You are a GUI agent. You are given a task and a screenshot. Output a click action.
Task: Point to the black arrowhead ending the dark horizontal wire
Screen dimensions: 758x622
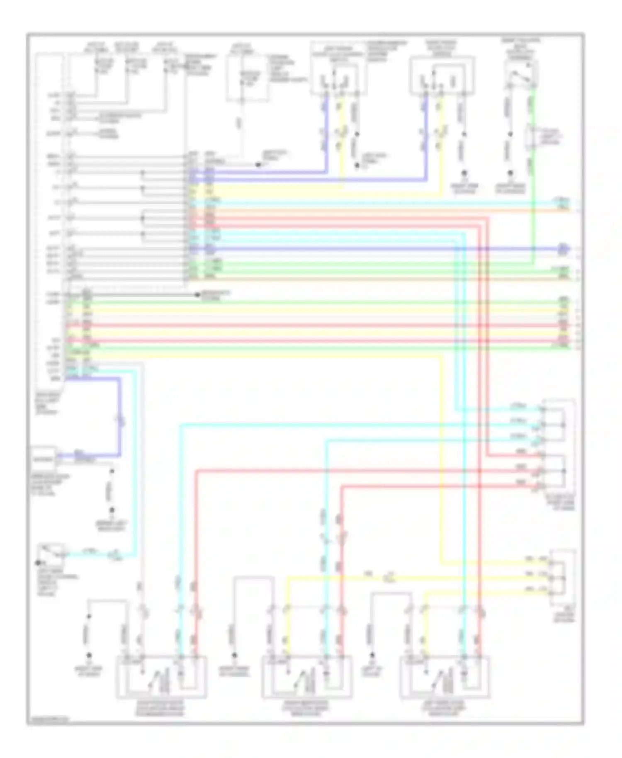tap(198, 295)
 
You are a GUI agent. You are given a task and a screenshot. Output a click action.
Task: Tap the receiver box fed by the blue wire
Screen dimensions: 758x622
tap(44, 459)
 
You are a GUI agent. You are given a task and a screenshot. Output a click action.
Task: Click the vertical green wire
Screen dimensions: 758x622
tap(533, 174)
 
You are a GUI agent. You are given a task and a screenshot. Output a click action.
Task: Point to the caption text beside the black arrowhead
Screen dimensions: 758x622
tap(216, 296)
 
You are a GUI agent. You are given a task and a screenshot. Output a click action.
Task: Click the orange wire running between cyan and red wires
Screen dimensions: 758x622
tap(373, 210)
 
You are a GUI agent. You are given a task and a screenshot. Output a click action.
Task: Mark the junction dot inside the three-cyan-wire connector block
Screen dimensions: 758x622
tap(563, 425)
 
